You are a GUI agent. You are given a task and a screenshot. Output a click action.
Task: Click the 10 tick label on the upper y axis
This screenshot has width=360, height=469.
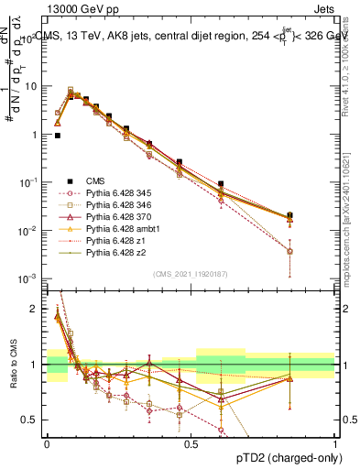point(31,86)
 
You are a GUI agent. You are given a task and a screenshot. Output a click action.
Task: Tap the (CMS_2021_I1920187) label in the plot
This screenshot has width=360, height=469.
point(190,273)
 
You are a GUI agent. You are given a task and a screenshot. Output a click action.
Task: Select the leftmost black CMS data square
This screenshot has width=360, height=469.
point(58,135)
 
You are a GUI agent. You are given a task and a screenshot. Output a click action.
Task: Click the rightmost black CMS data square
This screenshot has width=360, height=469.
point(290,215)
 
